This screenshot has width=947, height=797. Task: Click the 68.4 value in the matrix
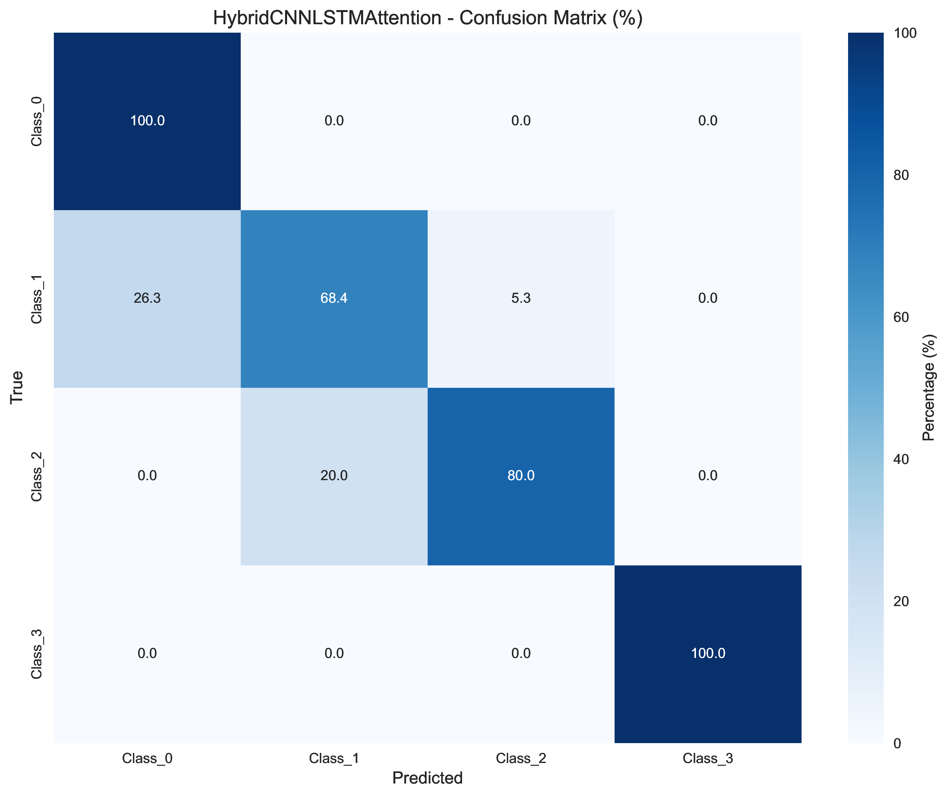(334, 298)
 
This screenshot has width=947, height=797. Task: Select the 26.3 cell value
(147, 298)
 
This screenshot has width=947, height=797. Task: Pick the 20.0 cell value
(334, 476)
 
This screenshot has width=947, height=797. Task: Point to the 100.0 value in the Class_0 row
(147, 121)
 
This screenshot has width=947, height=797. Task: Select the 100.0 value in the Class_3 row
(708, 653)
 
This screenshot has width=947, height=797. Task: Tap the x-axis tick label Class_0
(147, 759)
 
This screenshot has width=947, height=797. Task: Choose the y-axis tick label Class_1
(37, 298)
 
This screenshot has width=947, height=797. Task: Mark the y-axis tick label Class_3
(37, 653)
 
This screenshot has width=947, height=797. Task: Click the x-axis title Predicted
(427, 778)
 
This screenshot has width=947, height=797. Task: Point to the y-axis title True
(17, 387)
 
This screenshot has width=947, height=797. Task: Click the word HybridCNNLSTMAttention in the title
(327, 18)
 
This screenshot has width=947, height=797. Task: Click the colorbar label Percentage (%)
(928, 387)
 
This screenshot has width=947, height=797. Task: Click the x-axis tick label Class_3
(708, 759)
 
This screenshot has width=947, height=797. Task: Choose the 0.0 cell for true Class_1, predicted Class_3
(708, 298)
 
